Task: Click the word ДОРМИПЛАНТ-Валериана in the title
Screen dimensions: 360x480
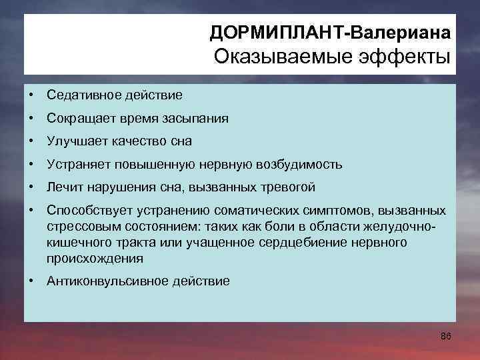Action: pyautogui.click(x=330, y=33)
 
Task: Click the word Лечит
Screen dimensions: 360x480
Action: pyautogui.click(x=63, y=187)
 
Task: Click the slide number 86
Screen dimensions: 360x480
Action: pyautogui.click(x=446, y=336)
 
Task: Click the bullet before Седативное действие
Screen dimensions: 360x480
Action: pyautogui.click(x=32, y=95)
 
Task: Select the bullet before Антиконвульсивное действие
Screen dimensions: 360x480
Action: pyautogui.click(x=32, y=281)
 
